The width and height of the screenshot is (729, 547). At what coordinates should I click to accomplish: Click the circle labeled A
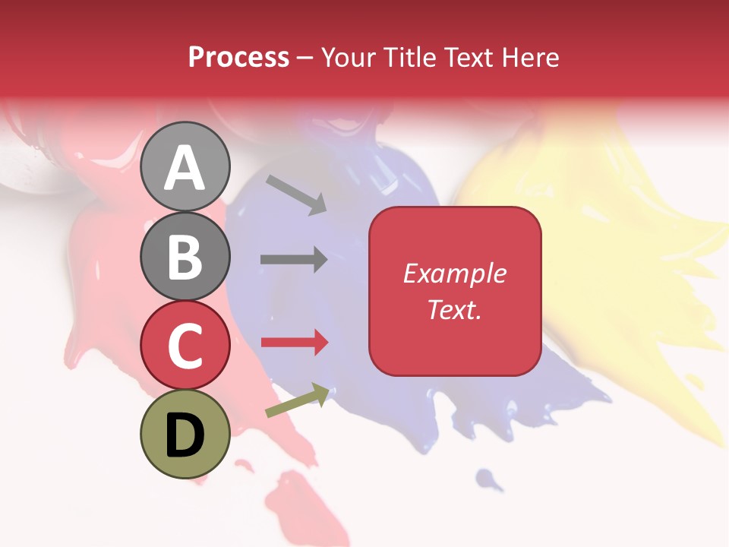pyautogui.click(x=185, y=166)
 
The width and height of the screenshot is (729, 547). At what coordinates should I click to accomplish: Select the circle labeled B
pyautogui.click(x=185, y=256)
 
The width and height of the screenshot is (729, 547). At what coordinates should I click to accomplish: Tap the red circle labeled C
pyautogui.click(x=185, y=345)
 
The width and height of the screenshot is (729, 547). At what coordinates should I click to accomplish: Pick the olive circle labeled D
pyautogui.click(x=185, y=434)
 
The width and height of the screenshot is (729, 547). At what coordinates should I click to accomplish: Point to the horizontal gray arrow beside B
pyautogui.click(x=294, y=259)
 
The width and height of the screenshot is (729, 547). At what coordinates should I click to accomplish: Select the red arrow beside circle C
pyautogui.click(x=295, y=343)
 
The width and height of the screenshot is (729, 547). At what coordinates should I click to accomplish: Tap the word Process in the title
pyautogui.click(x=238, y=57)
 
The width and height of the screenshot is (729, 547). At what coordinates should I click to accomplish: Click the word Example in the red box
pyautogui.click(x=455, y=273)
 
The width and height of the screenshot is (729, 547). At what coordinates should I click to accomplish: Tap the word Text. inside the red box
pyautogui.click(x=455, y=309)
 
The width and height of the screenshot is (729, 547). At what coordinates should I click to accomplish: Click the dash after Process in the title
pyautogui.click(x=305, y=58)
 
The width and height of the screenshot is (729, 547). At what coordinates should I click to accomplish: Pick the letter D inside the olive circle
pyautogui.click(x=185, y=435)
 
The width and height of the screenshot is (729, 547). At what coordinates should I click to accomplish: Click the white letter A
pyautogui.click(x=185, y=168)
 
